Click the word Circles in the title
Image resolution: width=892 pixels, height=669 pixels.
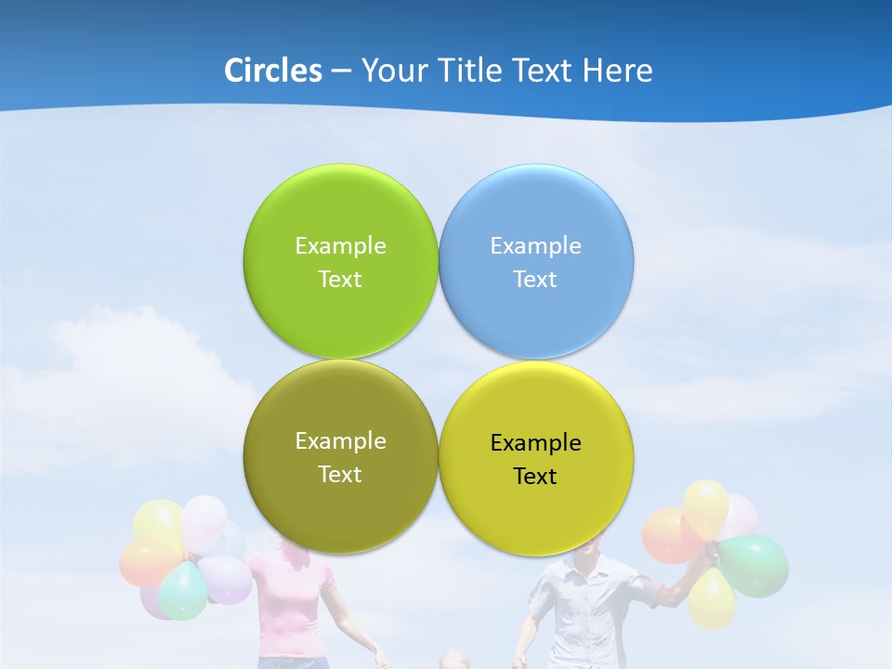coord(273,71)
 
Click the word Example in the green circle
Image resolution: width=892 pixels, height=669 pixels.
coord(340,245)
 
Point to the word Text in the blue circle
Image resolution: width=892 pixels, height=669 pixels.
coord(535,279)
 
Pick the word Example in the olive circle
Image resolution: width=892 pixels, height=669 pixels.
coord(340,440)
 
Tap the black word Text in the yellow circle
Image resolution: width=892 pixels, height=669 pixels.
coord(535,476)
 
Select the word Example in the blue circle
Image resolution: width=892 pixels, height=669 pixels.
coord(535,245)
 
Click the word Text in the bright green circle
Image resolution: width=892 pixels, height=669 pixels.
coord(340,279)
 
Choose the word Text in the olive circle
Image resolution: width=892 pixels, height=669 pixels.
coord(340,474)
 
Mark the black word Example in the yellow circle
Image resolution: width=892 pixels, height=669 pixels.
coord(535,442)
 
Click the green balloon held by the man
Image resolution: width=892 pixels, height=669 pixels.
coord(754,565)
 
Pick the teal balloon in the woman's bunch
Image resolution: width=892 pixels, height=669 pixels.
coord(182,591)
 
